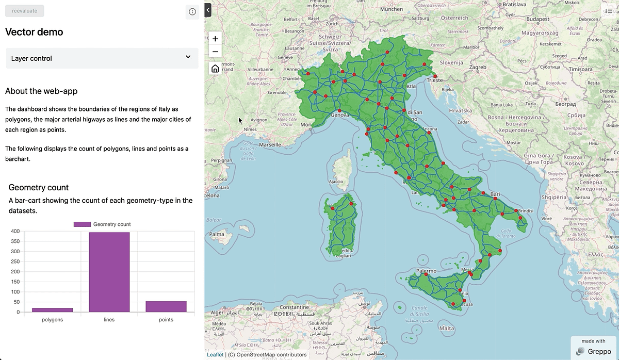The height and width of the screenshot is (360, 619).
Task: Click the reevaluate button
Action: click(24, 11)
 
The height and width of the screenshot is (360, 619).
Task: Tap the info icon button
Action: click(192, 12)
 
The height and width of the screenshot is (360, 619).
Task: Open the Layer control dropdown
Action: click(102, 58)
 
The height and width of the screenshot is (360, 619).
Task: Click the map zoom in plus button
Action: click(215, 38)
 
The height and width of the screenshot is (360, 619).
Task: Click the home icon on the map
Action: click(215, 69)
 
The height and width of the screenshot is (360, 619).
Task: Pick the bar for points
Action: click(166, 306)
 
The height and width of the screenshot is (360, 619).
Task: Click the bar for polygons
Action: click(52, 309)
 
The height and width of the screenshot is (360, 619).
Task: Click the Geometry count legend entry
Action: click(102, 224)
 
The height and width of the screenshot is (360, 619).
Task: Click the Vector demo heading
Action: click(34, 32)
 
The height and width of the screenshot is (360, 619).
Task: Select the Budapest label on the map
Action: click(537, 19)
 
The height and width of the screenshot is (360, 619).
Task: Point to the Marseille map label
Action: click(270, 145)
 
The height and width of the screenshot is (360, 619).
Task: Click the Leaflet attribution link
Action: click(215, 354)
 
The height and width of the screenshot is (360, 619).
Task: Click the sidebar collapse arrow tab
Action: click(208, 9)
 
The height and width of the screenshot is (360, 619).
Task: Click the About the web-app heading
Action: click(41, 91)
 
